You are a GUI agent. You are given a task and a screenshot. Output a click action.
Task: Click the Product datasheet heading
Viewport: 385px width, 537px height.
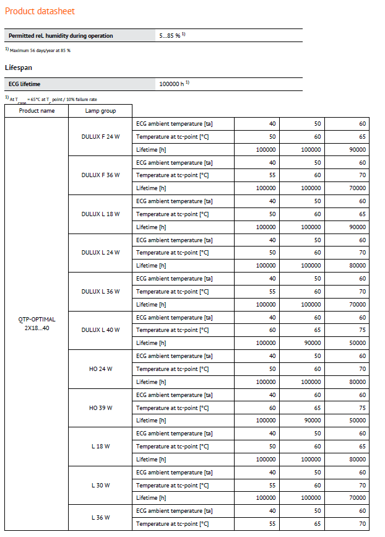point(40,11)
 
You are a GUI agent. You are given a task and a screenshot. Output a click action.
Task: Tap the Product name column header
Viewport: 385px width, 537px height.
point(37,111)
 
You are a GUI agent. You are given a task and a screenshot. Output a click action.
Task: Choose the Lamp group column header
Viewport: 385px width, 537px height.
point(100,111)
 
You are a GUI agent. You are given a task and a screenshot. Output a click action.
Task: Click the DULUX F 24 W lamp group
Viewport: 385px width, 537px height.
point(100,137)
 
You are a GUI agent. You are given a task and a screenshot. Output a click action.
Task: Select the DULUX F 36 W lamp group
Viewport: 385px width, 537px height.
point(100,175)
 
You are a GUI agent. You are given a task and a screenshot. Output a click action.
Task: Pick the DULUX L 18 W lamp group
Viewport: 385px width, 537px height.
point(100,214)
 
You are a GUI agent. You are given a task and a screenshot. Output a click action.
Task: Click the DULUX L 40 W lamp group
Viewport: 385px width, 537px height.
point(100,330)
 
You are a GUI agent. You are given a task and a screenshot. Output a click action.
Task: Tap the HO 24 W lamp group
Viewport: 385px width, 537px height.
point(100,369)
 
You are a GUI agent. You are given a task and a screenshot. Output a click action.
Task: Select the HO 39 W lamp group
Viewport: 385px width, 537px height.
point(100,408)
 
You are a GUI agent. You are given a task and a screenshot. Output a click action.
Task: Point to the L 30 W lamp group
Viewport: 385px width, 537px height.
point(100,485)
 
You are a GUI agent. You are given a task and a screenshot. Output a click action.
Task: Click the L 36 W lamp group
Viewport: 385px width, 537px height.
point(100,517)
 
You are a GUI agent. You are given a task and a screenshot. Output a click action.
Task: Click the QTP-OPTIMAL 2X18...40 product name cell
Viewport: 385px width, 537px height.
point(37,324)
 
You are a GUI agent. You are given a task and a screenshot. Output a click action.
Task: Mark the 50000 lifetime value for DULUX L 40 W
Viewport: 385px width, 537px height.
point(357,343)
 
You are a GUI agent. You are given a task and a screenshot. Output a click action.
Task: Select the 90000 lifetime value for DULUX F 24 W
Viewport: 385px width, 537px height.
point(357,150)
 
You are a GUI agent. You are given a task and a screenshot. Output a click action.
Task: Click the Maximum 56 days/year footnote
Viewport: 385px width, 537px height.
point(39,50)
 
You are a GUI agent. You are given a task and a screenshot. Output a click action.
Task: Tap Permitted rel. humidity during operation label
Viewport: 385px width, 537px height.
point(61,36)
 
